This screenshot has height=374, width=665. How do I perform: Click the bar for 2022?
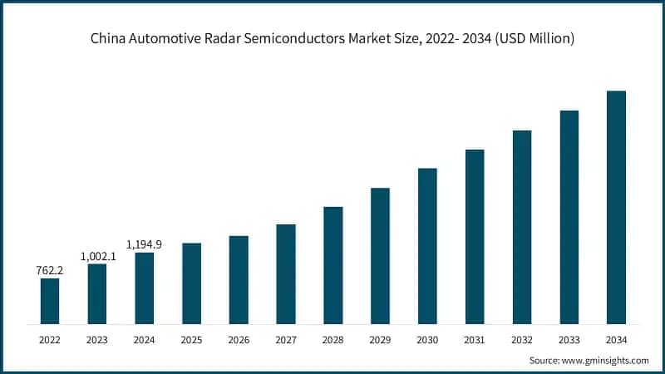[x=50, y=301]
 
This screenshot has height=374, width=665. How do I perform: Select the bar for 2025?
[x=191, y=283]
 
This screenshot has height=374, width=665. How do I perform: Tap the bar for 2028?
[x=333, y=265]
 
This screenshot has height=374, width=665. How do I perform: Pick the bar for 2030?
[x=427, y=246]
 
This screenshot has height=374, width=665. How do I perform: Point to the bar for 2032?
[x=522, y=227]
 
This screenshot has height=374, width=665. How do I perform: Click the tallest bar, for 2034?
[x=616, y=207]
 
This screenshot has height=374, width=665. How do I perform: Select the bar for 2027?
[x=286, y=273]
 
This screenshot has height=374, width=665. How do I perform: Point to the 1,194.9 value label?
[x=144, y=244]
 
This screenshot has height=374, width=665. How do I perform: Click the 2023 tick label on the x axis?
[x=97, y=339]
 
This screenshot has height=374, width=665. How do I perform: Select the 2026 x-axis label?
[x=239, y=339]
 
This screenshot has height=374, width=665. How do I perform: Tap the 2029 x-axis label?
[x=380, y=339]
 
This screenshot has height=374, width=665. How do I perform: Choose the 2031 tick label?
[x=475, y=339]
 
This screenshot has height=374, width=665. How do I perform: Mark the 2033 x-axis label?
[x=569, y=339]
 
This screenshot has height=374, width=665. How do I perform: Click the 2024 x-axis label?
[x=144, y=339]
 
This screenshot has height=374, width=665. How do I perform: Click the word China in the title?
[x=108, y=38]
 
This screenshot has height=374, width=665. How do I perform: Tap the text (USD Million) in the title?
[x=531, y=38]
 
